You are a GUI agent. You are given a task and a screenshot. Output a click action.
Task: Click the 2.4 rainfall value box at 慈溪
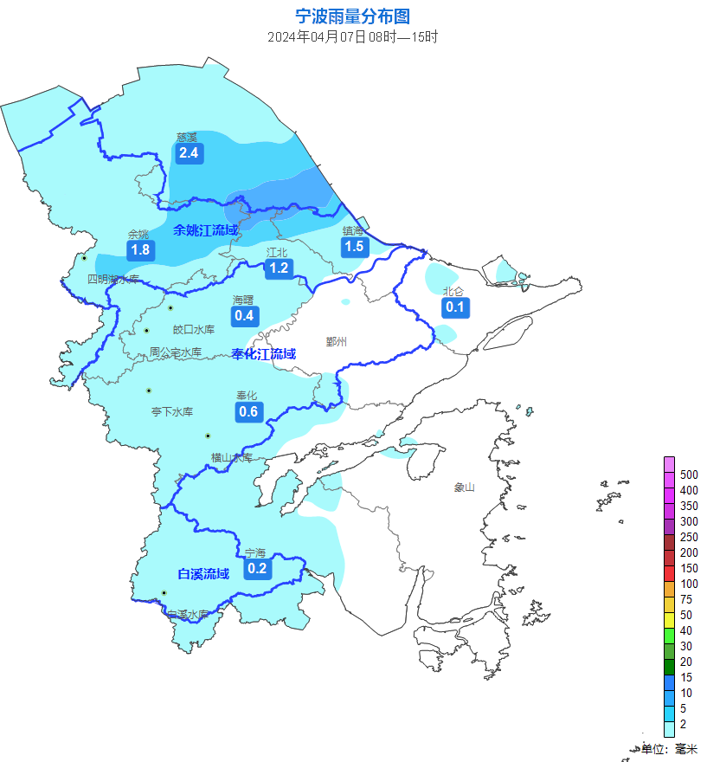[189, 153]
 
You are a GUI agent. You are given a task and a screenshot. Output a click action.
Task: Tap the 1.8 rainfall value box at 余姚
[140, 250]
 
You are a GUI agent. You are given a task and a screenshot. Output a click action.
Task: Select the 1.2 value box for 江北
[279, 268]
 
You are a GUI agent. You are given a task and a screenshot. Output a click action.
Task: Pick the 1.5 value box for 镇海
[354, 247]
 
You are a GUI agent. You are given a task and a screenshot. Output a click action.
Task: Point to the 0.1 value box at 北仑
[455, 307]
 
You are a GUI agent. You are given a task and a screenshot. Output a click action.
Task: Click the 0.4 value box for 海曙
[245, 315]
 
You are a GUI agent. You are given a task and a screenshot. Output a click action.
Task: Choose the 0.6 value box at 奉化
[248, 411]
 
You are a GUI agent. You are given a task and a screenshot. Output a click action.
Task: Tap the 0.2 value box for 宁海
[257, 568]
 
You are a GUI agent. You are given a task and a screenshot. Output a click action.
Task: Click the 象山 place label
[465, 488]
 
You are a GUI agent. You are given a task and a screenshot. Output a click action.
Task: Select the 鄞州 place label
[337, 341]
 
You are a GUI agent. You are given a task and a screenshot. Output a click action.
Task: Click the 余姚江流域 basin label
[205, 230]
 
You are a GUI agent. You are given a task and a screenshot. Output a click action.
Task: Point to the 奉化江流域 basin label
[264, 353]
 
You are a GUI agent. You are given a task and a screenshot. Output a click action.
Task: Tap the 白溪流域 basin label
[203, 573]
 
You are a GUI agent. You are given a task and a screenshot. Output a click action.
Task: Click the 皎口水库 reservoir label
[194, 329]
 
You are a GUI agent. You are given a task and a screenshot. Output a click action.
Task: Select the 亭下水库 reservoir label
[172, 411]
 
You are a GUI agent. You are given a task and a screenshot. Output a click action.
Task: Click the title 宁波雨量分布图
[352, 16]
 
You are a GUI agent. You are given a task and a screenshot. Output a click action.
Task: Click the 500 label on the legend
[689, 475]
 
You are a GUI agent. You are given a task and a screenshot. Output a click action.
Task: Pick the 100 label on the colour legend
[689, 584]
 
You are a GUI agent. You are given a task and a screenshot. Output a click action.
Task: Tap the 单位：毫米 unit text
[669, 748]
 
